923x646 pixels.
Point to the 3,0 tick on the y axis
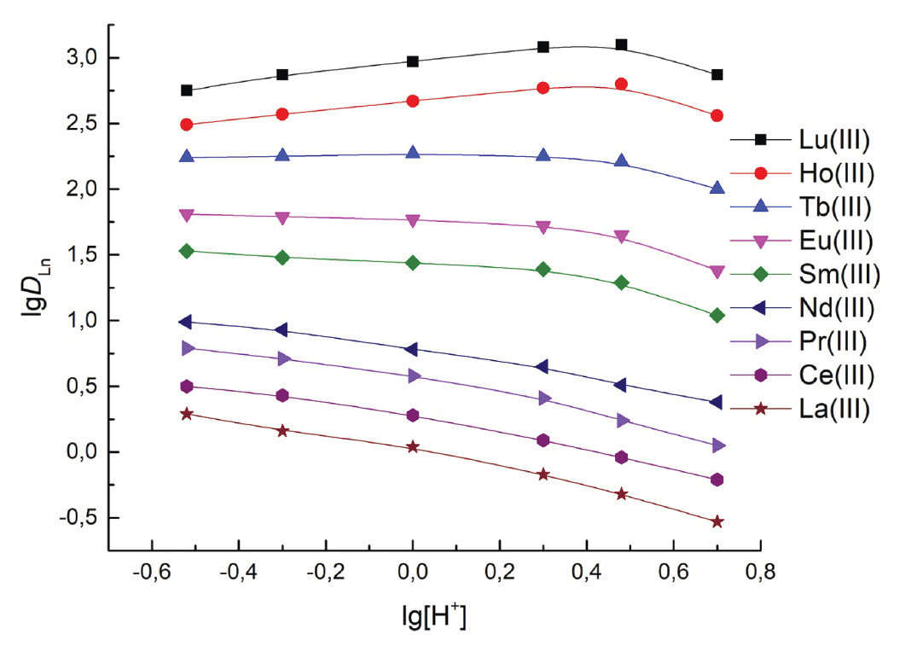(83, 58)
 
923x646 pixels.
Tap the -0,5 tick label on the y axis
(79, 518)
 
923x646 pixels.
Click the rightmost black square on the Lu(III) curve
(717, 75)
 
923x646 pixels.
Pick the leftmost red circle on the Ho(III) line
(187, 125)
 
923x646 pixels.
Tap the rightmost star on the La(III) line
(717, 521)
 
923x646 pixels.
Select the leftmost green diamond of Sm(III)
(187, 251)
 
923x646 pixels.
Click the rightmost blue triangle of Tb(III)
(717, 188)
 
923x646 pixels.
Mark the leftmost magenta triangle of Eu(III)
(187, 215)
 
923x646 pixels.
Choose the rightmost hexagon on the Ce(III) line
(717, 480)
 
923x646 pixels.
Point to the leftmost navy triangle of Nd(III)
(186, 322)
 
